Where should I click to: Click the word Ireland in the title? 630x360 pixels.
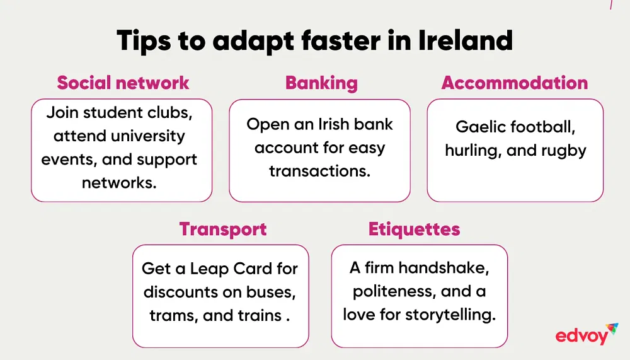coord(466,40)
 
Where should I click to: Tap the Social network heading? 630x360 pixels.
coord(123,83)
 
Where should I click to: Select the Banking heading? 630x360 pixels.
coord(321,83)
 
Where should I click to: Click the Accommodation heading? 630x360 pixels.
coord(515,83)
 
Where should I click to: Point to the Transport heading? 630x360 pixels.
coord(223,229)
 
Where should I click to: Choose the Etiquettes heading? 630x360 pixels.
coord(415,229)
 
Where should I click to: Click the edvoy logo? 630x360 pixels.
coord(587,334)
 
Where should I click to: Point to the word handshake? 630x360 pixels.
coord(444,268)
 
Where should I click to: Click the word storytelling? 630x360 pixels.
coord(450,315)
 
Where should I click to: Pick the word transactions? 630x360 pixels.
coord(320,171)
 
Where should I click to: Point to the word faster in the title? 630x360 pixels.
coord(341,40)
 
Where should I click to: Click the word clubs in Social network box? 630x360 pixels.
coord(170,113)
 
